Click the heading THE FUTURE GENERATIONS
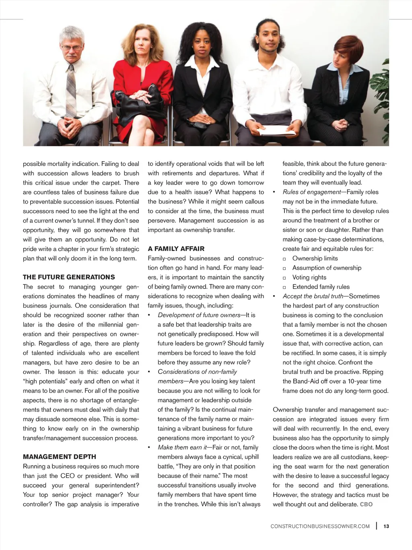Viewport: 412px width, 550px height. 69,277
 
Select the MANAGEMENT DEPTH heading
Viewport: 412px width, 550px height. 60,457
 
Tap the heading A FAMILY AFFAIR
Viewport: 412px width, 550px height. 176,249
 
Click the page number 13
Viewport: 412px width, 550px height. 386,526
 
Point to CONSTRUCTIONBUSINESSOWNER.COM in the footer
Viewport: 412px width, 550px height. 320,526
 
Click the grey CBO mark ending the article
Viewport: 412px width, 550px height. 366,504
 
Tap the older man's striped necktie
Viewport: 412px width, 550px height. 71,91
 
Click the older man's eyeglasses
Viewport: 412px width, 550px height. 72,48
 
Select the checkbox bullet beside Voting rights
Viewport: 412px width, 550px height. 284,278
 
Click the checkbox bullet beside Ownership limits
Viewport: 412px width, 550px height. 284,259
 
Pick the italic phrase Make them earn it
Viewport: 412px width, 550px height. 182,448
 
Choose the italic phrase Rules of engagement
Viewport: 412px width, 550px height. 312,192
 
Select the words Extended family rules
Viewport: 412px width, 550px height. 321,287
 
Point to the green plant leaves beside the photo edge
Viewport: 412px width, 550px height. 382,97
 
